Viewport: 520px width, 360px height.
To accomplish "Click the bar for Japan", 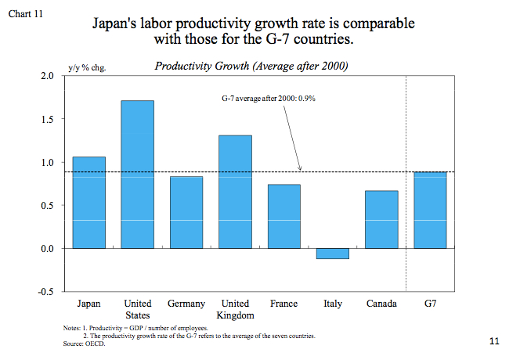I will point(88,203).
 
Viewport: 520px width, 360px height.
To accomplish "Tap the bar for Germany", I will point(186,212).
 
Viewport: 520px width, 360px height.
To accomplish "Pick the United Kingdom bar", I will point(235,192).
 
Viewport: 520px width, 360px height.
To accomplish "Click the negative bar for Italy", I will point(332,254).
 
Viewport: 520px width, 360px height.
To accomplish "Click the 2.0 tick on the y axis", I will point(46,76).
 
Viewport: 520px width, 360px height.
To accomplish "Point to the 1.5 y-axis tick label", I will point(46,119).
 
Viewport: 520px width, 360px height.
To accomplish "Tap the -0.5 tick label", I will point(45,292).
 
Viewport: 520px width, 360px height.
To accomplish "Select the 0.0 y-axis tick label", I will point(46,249).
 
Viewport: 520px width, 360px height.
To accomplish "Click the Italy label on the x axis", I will point(332,304).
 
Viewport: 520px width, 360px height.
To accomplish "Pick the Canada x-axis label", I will point(381,304).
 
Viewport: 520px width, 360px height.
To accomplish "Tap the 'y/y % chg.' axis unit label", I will point(87,67).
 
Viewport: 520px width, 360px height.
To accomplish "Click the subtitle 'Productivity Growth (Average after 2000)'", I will point(251,66).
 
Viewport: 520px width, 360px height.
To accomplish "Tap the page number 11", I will point(493,341).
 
